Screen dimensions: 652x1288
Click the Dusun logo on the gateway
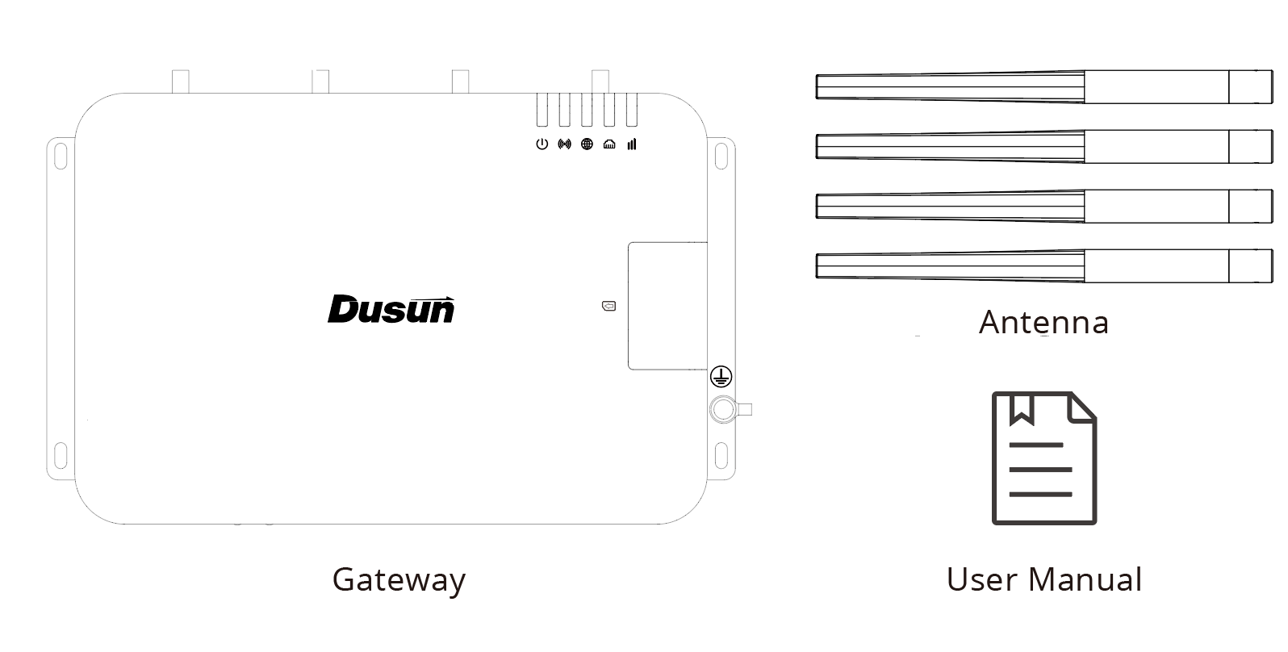[391, 309]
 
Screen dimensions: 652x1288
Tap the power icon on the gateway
[542, 144]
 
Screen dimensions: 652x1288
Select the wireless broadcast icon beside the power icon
[564, 144]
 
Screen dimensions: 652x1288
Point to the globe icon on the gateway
[587, 144]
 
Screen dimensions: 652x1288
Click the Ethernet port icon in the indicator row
[609, 144]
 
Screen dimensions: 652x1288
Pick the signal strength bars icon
[631, 144]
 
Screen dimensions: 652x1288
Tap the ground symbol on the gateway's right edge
[721, 377]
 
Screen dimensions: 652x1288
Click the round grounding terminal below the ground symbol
[723, 409]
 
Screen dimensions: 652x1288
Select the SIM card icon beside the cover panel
[608, 306]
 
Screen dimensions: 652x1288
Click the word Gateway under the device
[399, 579]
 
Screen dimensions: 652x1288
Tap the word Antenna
[1043, 322]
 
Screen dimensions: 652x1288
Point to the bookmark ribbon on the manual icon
[1022, 408]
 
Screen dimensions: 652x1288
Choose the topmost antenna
[1043, 87]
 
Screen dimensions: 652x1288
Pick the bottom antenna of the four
[1043, 265]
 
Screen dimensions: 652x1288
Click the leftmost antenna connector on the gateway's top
[181, 81]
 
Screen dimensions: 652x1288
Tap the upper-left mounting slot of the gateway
[60, 154]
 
